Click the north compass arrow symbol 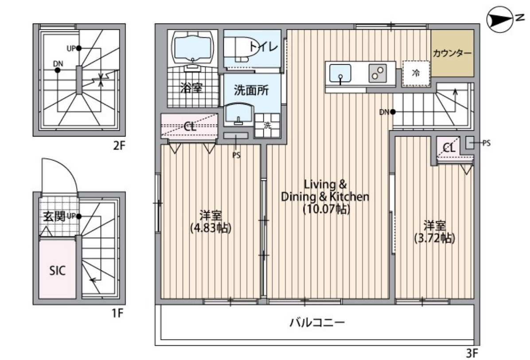tap(499, 19)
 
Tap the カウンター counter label tap(452, 53)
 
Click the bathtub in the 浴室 tap(193, 46)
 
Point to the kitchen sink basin tap(340, 73)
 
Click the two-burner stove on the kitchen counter tap(378, 73)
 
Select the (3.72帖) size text tap(434, 238)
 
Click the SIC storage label tap(57, 270)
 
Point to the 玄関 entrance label tap(54, 216)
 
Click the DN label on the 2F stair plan tap(58, 63)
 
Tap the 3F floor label tap(472, 353)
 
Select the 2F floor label tap(118, 145)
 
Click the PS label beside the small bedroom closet tap(486, 143)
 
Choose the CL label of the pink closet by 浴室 tap(190, 126)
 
